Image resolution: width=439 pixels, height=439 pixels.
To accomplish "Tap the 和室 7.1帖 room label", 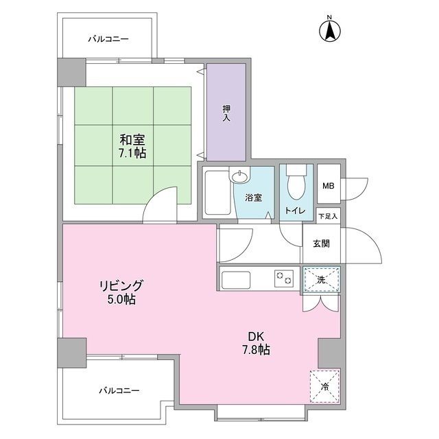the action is (x=132, y=146).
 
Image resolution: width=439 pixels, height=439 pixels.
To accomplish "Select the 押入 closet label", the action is (x=226, y=113).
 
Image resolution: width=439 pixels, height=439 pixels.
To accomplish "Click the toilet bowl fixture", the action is (x=296, y=182).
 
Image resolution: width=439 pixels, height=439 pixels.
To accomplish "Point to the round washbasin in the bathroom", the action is (x=239, y=176).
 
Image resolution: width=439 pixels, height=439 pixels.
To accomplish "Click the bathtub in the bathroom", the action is (x=217, y=192).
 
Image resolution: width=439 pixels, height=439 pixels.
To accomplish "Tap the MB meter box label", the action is (x=329, y=186).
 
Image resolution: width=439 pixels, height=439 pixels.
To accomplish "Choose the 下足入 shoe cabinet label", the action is (x=329, y=216).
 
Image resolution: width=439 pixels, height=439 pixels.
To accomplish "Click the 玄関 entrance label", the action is (x=321, y=244).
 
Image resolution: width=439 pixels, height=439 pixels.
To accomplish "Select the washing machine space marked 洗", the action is (x=322, y=279).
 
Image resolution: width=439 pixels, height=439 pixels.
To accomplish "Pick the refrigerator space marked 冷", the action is (x=324, y=387).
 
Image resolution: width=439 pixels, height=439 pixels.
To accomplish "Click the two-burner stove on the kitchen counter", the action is (x=284, y=278).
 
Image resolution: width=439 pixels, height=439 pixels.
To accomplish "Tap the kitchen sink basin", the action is (x=236, y=280).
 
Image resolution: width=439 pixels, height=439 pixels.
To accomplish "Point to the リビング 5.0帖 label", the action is (x=121, y=292).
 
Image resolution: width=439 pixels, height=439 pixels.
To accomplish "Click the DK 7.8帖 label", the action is (x=256, y=343).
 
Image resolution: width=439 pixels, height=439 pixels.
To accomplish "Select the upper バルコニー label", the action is (x=108, y=39).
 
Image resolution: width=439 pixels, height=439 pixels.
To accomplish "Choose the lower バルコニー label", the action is (x=119, y=390).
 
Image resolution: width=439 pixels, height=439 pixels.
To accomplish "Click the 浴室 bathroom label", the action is (x=254, y=198).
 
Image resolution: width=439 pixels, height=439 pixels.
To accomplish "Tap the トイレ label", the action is (x=295, y=211).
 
